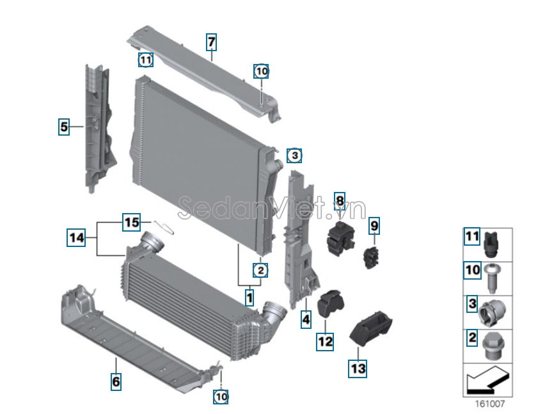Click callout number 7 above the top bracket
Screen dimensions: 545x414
[x=211, y=42]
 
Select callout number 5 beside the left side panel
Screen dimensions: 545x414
[x=63, y=127]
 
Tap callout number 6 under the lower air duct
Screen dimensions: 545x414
[x=116, y=381]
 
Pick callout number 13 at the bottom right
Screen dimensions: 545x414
[x=358, y=368]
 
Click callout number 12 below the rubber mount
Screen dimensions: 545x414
[x=325, y=341]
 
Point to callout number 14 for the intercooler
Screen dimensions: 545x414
[x=76, y=238]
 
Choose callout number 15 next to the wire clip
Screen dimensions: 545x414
[x=131, y=222]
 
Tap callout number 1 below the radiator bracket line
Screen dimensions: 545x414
[x=249, y=298]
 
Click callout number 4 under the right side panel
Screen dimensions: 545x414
[x=306, y=319]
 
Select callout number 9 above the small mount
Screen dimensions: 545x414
[x=374, y=226]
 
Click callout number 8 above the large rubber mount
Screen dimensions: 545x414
[x=340, y=201]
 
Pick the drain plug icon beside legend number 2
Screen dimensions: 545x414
[x=492, y=346]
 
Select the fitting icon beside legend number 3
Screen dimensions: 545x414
[x=492, y=312]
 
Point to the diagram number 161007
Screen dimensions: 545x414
[x=490, y=404]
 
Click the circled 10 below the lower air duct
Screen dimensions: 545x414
[x=221, y=396]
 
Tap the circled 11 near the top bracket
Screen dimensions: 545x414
[x=146, y=60]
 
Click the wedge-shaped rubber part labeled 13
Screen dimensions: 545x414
[x=371, y=328]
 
